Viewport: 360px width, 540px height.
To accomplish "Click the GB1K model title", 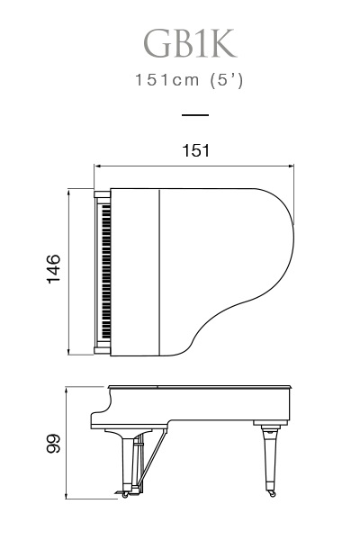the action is pos(190,43).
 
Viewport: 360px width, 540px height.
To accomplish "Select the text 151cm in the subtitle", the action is pos(167,80).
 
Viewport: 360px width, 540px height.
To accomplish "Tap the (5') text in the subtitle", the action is pos(227,81).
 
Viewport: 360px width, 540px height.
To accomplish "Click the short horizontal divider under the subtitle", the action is pos(195,115).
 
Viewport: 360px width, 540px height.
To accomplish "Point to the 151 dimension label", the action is pos(195,150).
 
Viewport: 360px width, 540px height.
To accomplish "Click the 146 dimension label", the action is pos(53,269).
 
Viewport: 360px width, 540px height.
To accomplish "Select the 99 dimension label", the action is pos(53,444).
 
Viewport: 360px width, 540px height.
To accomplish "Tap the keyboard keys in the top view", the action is pos(106,272).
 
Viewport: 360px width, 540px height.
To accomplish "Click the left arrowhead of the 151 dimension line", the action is pos(97,166).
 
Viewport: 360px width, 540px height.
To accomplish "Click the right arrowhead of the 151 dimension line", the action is pos(291,166).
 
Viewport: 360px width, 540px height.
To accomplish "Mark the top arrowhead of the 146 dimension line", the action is pos(69,192).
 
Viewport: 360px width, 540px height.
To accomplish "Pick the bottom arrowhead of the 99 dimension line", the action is pos(66,496).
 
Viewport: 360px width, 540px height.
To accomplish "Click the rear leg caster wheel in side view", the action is pos(273,494).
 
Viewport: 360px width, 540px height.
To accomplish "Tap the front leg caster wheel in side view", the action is pos(125,495).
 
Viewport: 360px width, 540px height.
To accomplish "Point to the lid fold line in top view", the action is pos(160,272).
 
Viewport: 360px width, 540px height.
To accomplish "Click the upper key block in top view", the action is pos(103,195).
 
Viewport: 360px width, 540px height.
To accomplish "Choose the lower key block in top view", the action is pos(103,351).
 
